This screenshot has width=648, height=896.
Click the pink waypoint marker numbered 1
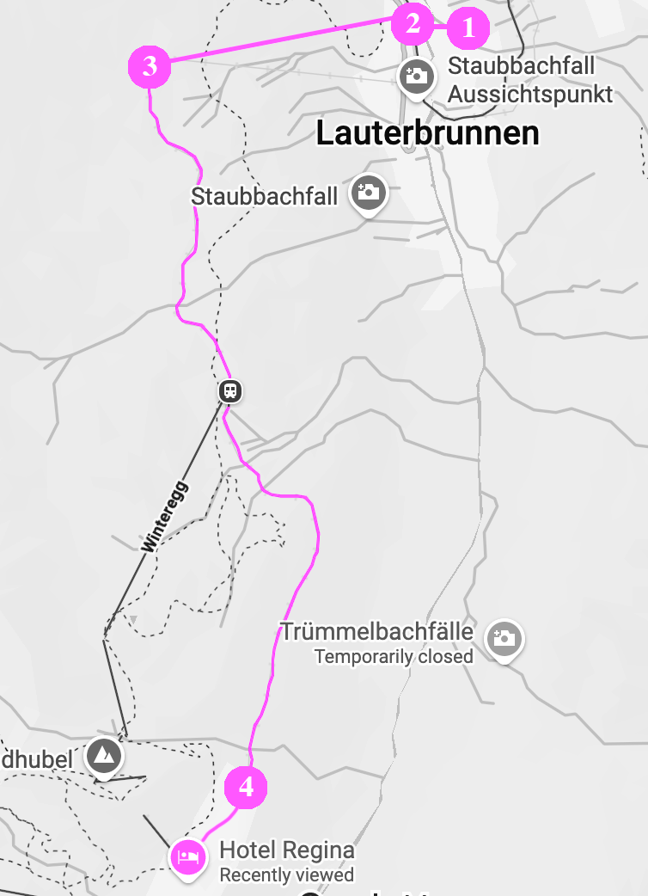468,28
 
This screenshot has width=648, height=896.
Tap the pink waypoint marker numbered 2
413,24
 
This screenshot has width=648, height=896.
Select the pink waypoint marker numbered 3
150,66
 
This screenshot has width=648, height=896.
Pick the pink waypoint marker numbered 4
246,787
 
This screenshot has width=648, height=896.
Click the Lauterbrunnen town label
427,133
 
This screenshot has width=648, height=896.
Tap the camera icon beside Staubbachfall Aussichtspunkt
416,76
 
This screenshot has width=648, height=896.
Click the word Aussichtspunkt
530,94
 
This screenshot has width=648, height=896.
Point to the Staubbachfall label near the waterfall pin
265,196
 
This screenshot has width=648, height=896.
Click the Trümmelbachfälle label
378,633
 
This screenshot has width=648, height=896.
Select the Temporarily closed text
394,657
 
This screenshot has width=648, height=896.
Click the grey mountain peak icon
104,757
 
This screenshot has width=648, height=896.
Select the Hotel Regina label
287,851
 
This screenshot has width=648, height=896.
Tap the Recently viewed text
287,875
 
